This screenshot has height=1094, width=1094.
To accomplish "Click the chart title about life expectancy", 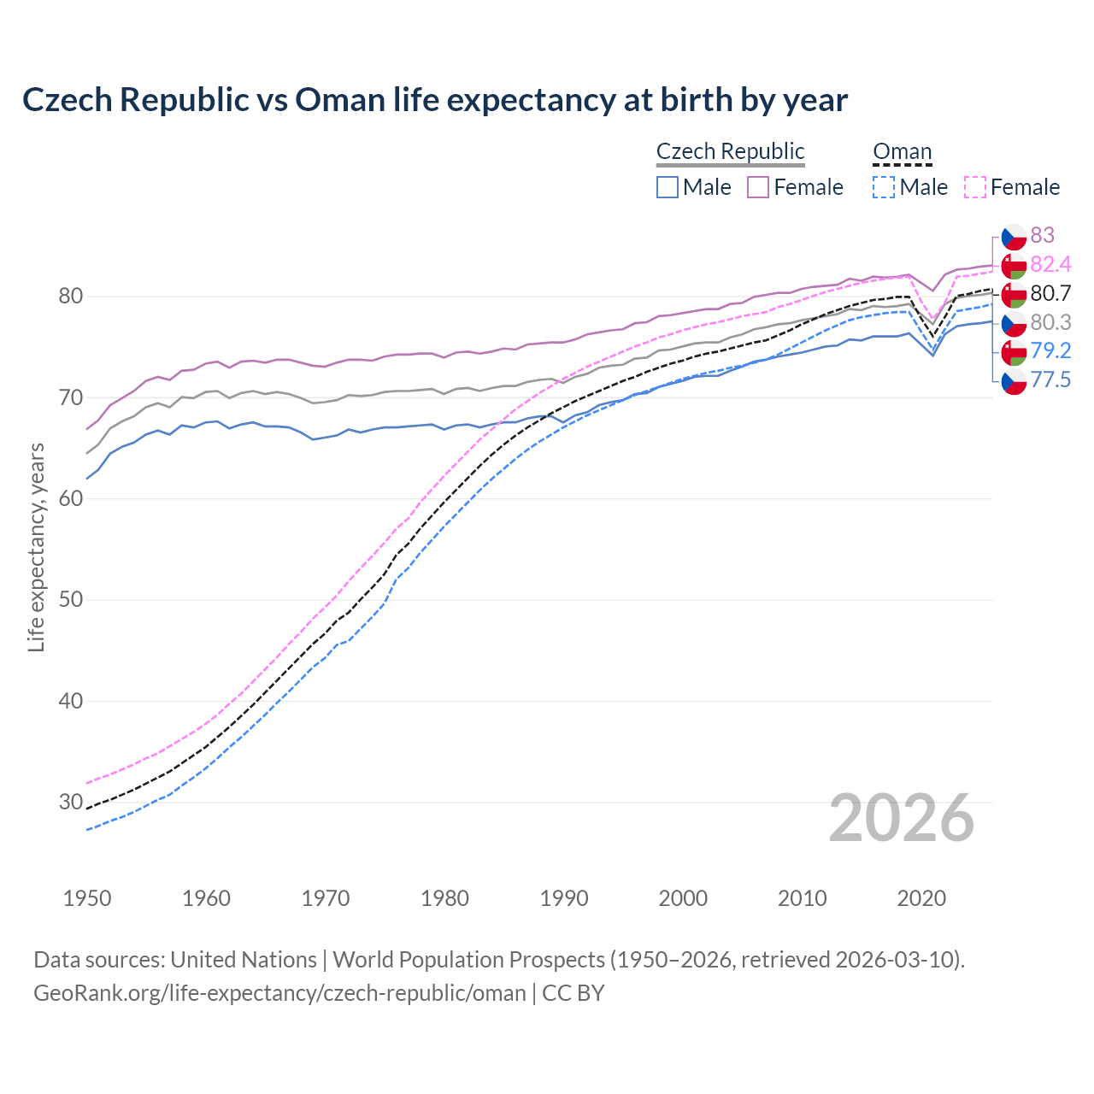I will point(434,100).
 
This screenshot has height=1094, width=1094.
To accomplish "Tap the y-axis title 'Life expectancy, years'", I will point(36,547).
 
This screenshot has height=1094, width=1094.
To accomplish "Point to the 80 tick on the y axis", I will point(70,297).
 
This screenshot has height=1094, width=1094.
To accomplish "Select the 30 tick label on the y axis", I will point(70,802).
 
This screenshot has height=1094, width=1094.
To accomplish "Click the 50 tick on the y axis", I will point(70,600).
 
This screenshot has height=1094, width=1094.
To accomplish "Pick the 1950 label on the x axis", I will point(87,898).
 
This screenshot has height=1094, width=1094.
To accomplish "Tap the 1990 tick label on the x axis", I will point(564,898).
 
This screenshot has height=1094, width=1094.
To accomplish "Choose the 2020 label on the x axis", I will point(921,898).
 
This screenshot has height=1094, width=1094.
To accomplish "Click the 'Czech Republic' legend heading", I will point(730,151).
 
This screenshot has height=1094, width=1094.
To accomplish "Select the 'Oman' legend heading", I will point(902,151).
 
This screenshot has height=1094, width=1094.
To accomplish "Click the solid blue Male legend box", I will point(668,187).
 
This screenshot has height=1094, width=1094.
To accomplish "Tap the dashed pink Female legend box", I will point(975,187).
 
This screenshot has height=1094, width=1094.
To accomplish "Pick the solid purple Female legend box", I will point(758,187).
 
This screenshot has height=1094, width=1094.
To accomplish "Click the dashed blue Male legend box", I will point(884,187).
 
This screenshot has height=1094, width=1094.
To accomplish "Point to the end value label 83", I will point(1042,235).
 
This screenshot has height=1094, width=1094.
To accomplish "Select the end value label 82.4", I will point(1050,264).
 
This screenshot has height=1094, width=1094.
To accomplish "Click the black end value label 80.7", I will point(1050,293).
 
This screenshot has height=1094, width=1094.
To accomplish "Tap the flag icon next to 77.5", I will point(1014,381).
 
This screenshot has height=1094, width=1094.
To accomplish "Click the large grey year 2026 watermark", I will point(901,818).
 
